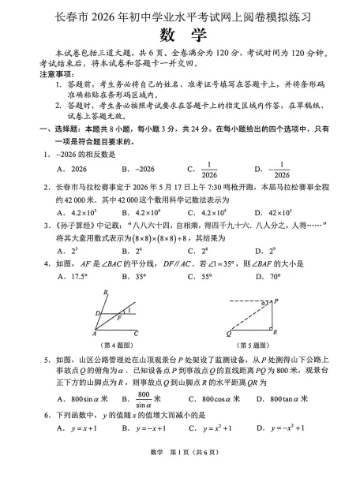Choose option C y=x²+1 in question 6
pyautogui.click(x=209, y=428)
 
